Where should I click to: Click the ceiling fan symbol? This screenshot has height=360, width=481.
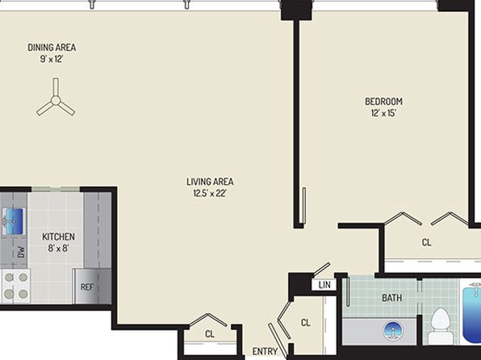56,100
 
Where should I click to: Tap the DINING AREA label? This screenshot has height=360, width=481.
52,48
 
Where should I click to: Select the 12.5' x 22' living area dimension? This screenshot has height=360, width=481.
210,194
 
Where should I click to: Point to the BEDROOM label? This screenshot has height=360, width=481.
383,101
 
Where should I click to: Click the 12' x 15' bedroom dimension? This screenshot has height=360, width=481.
383,113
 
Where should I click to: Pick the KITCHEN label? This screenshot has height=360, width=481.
58,237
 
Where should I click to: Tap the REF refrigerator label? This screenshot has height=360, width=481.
87,287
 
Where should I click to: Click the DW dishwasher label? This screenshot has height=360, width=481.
21,252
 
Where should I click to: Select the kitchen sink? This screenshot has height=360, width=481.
13,221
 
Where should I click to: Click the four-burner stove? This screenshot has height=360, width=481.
15,286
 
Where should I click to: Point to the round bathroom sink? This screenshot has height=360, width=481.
393,331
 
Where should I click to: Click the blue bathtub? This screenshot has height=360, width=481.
472,315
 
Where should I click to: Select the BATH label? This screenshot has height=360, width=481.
391,298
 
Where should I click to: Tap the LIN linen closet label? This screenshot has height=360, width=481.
324,285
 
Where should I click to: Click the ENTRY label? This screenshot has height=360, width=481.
265,351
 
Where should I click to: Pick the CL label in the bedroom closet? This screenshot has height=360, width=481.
426,242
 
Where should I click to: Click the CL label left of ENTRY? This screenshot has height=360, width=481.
210,334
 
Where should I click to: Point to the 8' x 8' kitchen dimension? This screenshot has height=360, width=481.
58,248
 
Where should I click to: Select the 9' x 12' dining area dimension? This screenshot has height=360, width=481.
52,59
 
